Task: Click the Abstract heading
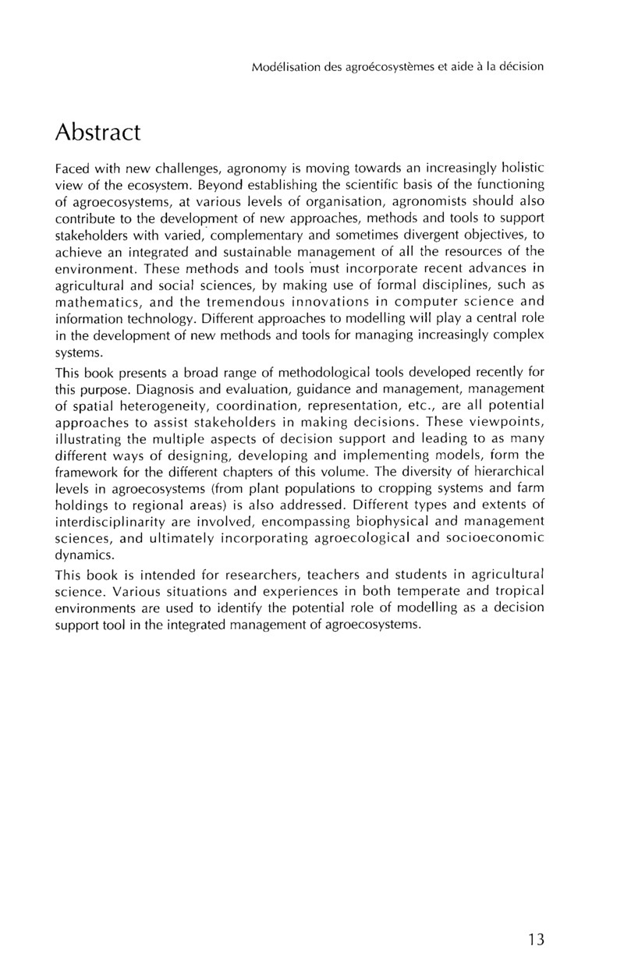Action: coord(97,133)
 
